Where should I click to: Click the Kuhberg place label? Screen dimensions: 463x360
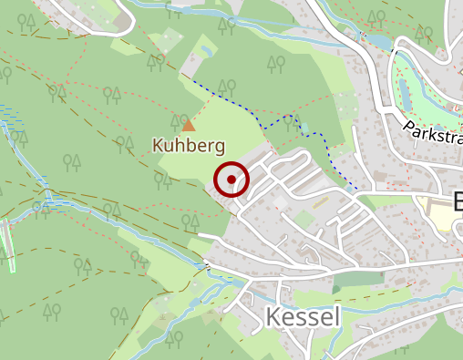tap(188, 146)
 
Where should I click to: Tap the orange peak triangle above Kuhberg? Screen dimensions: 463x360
tap(188, 125)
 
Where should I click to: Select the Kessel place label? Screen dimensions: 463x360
tap(303, 317)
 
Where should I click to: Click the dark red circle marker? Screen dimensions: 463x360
tap(231, 180)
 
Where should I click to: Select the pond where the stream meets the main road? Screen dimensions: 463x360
tap(376, 41)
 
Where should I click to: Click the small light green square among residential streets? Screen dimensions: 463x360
tap(302, 219)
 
